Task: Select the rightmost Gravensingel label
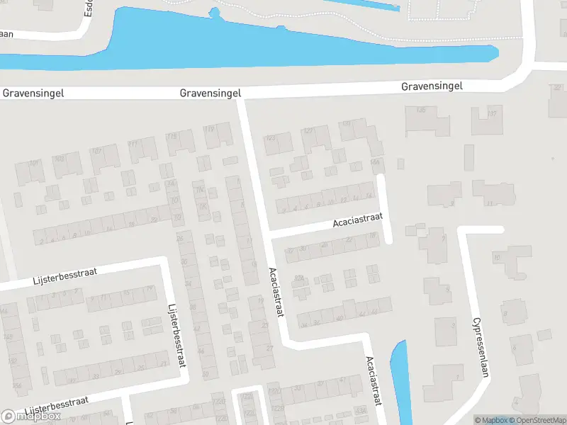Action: point(432,86)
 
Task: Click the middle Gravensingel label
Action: point(210,93)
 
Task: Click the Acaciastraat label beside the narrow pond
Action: point(374,380)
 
